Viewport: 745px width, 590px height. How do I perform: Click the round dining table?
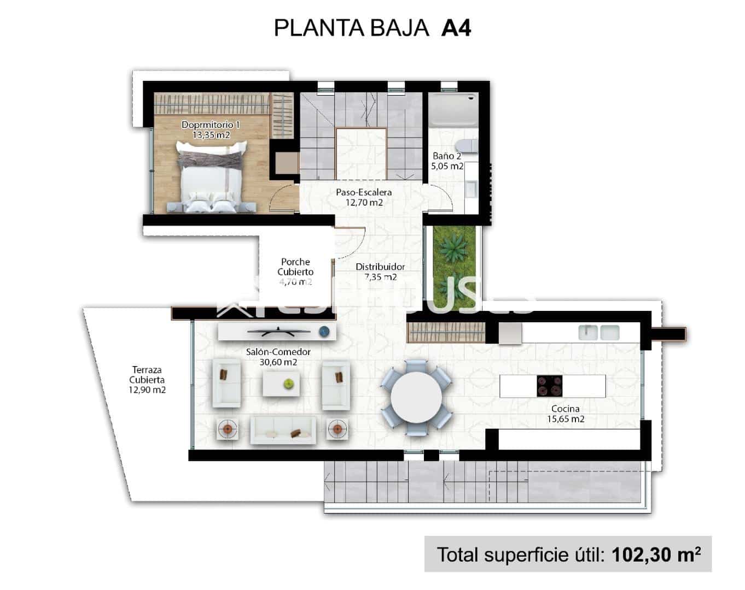pyautogui.click(x=416, y=397)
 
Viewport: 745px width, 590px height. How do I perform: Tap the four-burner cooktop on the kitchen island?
pyautogui.click(x=549, y=386)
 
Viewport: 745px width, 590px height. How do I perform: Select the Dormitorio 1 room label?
pyautogui.click(x=211, y=125)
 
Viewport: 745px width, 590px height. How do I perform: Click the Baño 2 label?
pyautogui.click(x=446, y=156)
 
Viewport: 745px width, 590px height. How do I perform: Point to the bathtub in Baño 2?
pyautogui.click(x=452, y=110)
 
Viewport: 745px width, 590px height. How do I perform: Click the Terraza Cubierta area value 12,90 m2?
pyautogui.click(x=147, y=390)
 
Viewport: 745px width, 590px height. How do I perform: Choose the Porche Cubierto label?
pyautogui.click(x=295, y=267)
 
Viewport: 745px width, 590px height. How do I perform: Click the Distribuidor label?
pyautogui.click(x=380, y=267)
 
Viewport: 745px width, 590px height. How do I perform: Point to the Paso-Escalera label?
pyautogui.click(x=364, y=192)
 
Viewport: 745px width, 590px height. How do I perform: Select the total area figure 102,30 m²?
pyautogui.click(x=656, y=554)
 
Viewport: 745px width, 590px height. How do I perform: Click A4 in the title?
pyautogui.click(x=456, y=28)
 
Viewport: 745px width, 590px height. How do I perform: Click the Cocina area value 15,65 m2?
pyautogui.click(x=566, y=419)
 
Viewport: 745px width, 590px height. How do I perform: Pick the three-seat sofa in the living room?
pyautogui.click(x=283, y=429)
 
